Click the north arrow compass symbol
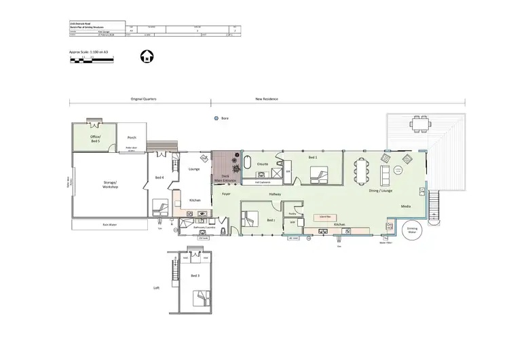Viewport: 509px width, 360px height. (x=145, y=57)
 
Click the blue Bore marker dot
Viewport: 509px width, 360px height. (x=216, y=118)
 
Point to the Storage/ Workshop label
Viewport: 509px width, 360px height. (x=111, y=185)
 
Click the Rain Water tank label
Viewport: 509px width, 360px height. (x=107, y=224)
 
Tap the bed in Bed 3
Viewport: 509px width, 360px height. (x=202, y=297)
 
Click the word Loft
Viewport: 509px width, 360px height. (x=157, y=288)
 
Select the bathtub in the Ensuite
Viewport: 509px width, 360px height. (x=248, y=163)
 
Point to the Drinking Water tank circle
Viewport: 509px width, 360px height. (x=413, y=229)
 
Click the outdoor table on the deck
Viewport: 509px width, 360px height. (x=419, y=123)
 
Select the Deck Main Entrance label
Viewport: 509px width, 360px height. (x=225, y=179)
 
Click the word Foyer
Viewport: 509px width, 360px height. (x=225, y=194)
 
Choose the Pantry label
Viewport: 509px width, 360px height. (x=292, y=213)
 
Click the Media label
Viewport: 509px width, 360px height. (x=406, y=206)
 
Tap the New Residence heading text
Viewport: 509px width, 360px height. (x=266, y=99)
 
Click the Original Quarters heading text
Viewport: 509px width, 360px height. (x=143, y=99)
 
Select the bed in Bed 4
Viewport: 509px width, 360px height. (x=160, y=206)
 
